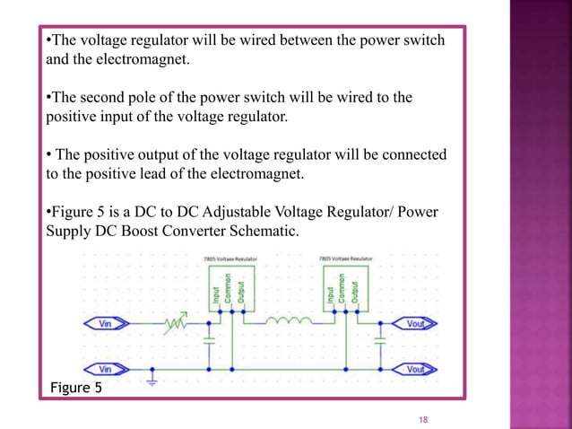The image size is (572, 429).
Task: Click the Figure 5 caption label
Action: tap(75, 388)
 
